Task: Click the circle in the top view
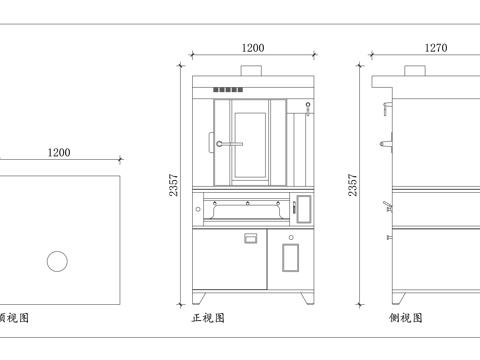pyautogui.click(x=58, y=261)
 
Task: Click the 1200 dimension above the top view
pyautogui.click(x=59, y=152)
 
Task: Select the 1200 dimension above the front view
pyautogui.click(x=253, y=47)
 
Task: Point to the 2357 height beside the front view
pyautogui.click(x=176, y=185)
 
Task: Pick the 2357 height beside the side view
pyautogui.click(x=352, y=185)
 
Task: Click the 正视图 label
pyautogui.click(x=208, y=318)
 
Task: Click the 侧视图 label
pyautogui.click(x=406, y=318)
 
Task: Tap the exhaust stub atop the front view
pyautogui.click(x=254, y=70)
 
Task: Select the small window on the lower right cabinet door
pyautogui.click(x=291, y=258)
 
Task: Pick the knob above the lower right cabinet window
pyautogui.click(x=291, y=237)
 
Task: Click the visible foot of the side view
pyautogui.click(x=397, y=298)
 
